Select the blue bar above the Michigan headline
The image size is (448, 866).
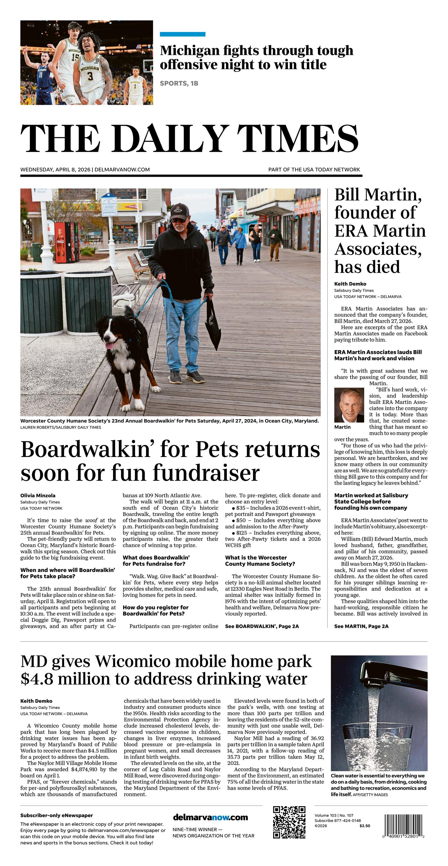(x=182, y=34)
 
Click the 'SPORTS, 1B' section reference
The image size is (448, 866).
(x=179, y=83)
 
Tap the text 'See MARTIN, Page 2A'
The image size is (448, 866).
(x=361, y=626)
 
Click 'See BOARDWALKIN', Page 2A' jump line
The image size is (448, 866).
(x=262, y=626)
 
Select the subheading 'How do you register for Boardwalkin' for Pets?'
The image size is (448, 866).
(x=155, y=610)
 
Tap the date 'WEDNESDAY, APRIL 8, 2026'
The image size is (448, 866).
(x=55, y=169)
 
